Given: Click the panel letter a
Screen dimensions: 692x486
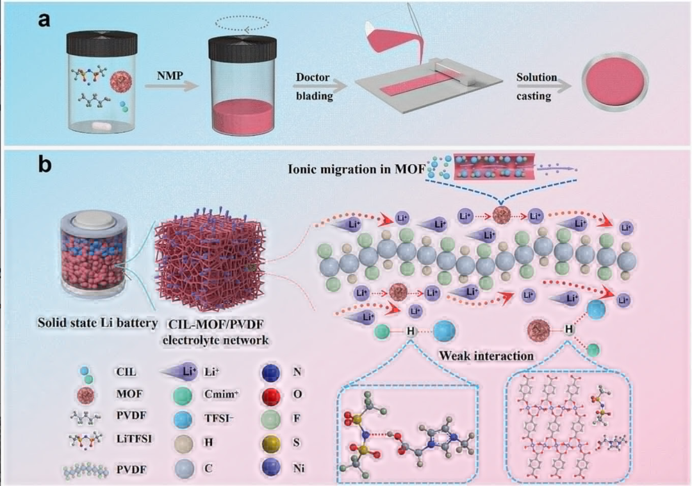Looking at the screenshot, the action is [44, 19].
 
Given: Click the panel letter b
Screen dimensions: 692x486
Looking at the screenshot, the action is [45, 163].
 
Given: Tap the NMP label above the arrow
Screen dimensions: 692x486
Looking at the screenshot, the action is [170, 76].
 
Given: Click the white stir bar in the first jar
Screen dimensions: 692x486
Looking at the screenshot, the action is [103, 126].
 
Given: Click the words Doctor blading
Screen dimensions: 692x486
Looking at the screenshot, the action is [313, 87].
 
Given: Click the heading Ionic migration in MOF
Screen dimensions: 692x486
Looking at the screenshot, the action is [357, 169].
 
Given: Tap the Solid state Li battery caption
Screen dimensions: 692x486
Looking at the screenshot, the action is [97, 323].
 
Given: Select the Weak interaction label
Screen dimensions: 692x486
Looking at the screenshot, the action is [486, 355].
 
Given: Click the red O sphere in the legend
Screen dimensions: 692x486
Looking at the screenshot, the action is [271, 395].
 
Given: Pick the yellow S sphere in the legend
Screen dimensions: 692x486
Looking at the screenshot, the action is [271, 443].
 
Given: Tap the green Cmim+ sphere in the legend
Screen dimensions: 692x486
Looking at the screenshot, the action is [182, 395].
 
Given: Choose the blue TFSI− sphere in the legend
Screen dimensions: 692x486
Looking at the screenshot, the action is [182, 419].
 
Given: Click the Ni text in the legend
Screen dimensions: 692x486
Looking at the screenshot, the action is [299, 467].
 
